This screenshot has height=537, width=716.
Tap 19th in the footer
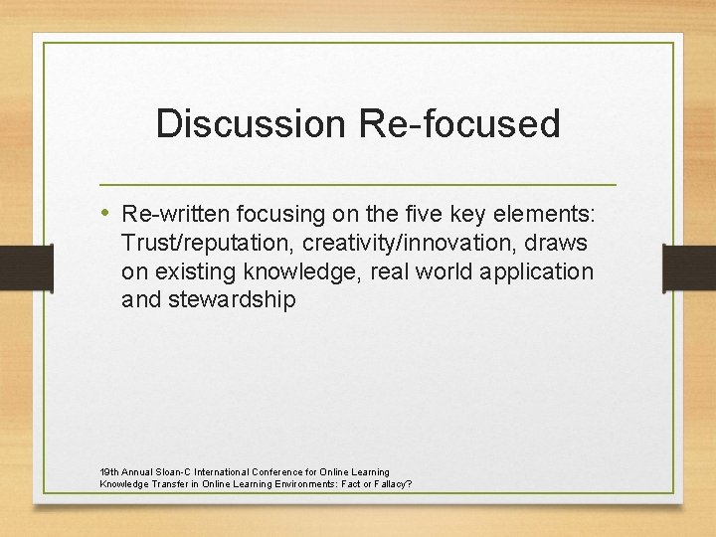pyautogui.click(x=109, y=471)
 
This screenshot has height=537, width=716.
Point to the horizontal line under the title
pyautogui.click(x=358, y=185)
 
